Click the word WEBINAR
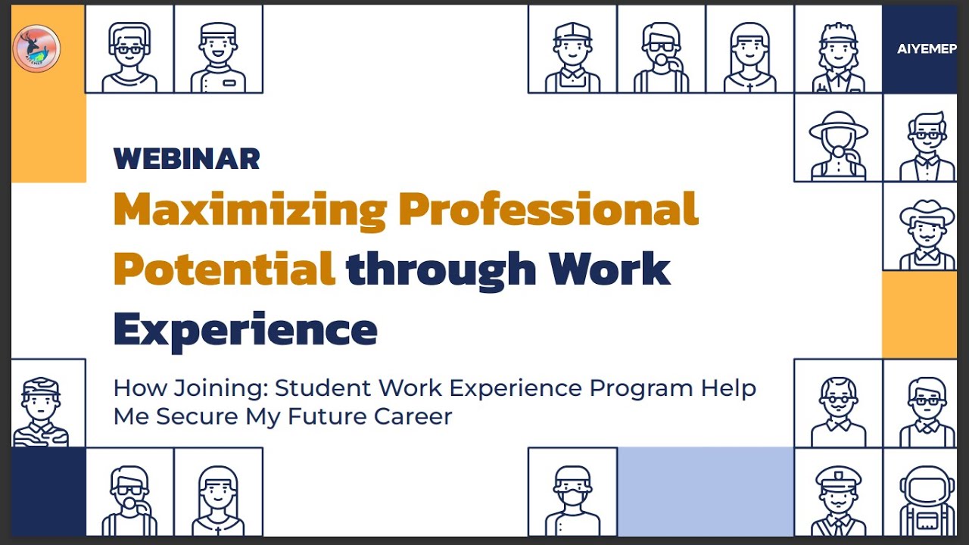(186, 159)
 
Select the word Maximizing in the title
(250, 210)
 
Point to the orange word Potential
(224, 268)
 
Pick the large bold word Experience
(245, 329)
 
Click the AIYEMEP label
(926, 49)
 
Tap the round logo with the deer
(36, 48)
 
